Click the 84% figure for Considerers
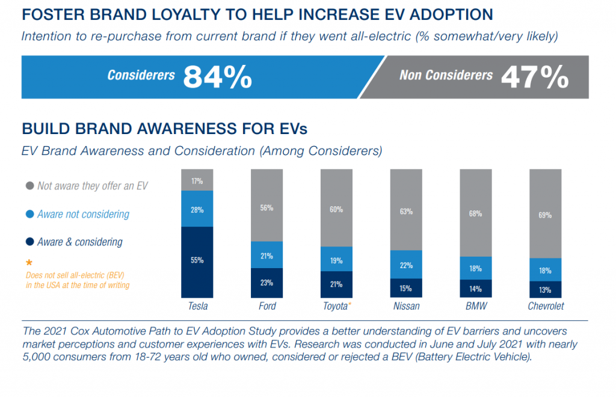[x=217, y=77]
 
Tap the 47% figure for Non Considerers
[x=534, y=77]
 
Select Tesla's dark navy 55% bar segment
[x=197, y=262]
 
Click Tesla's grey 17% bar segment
[x=197, y=180]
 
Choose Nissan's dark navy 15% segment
[x=406, y=288]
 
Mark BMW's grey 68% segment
[x=476, y=213]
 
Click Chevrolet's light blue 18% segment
[x=545, y=269]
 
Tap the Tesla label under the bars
[x=197, y=306]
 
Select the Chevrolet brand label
[x=545, y=306]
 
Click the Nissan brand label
[x=406, y=306]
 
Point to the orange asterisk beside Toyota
[x=350, y=305]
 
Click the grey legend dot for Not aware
[x=29, y=186]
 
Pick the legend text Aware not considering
[x=83, y=214]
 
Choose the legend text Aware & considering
[x=80, y=242]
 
